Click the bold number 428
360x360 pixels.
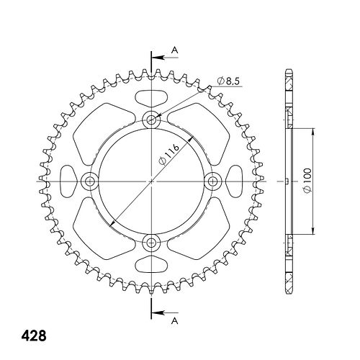click(34, 336)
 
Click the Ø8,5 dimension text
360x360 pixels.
click(228, 81)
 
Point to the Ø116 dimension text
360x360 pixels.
click(169, 155)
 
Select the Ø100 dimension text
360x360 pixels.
click(307, 180)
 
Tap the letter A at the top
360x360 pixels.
click(175, 50)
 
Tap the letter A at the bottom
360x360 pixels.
click(175, 320)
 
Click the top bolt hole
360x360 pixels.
click(151, 120)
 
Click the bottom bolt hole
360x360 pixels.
click(151, 243)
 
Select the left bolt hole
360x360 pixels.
click(90, 181)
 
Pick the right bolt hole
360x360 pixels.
click(212, 181)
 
